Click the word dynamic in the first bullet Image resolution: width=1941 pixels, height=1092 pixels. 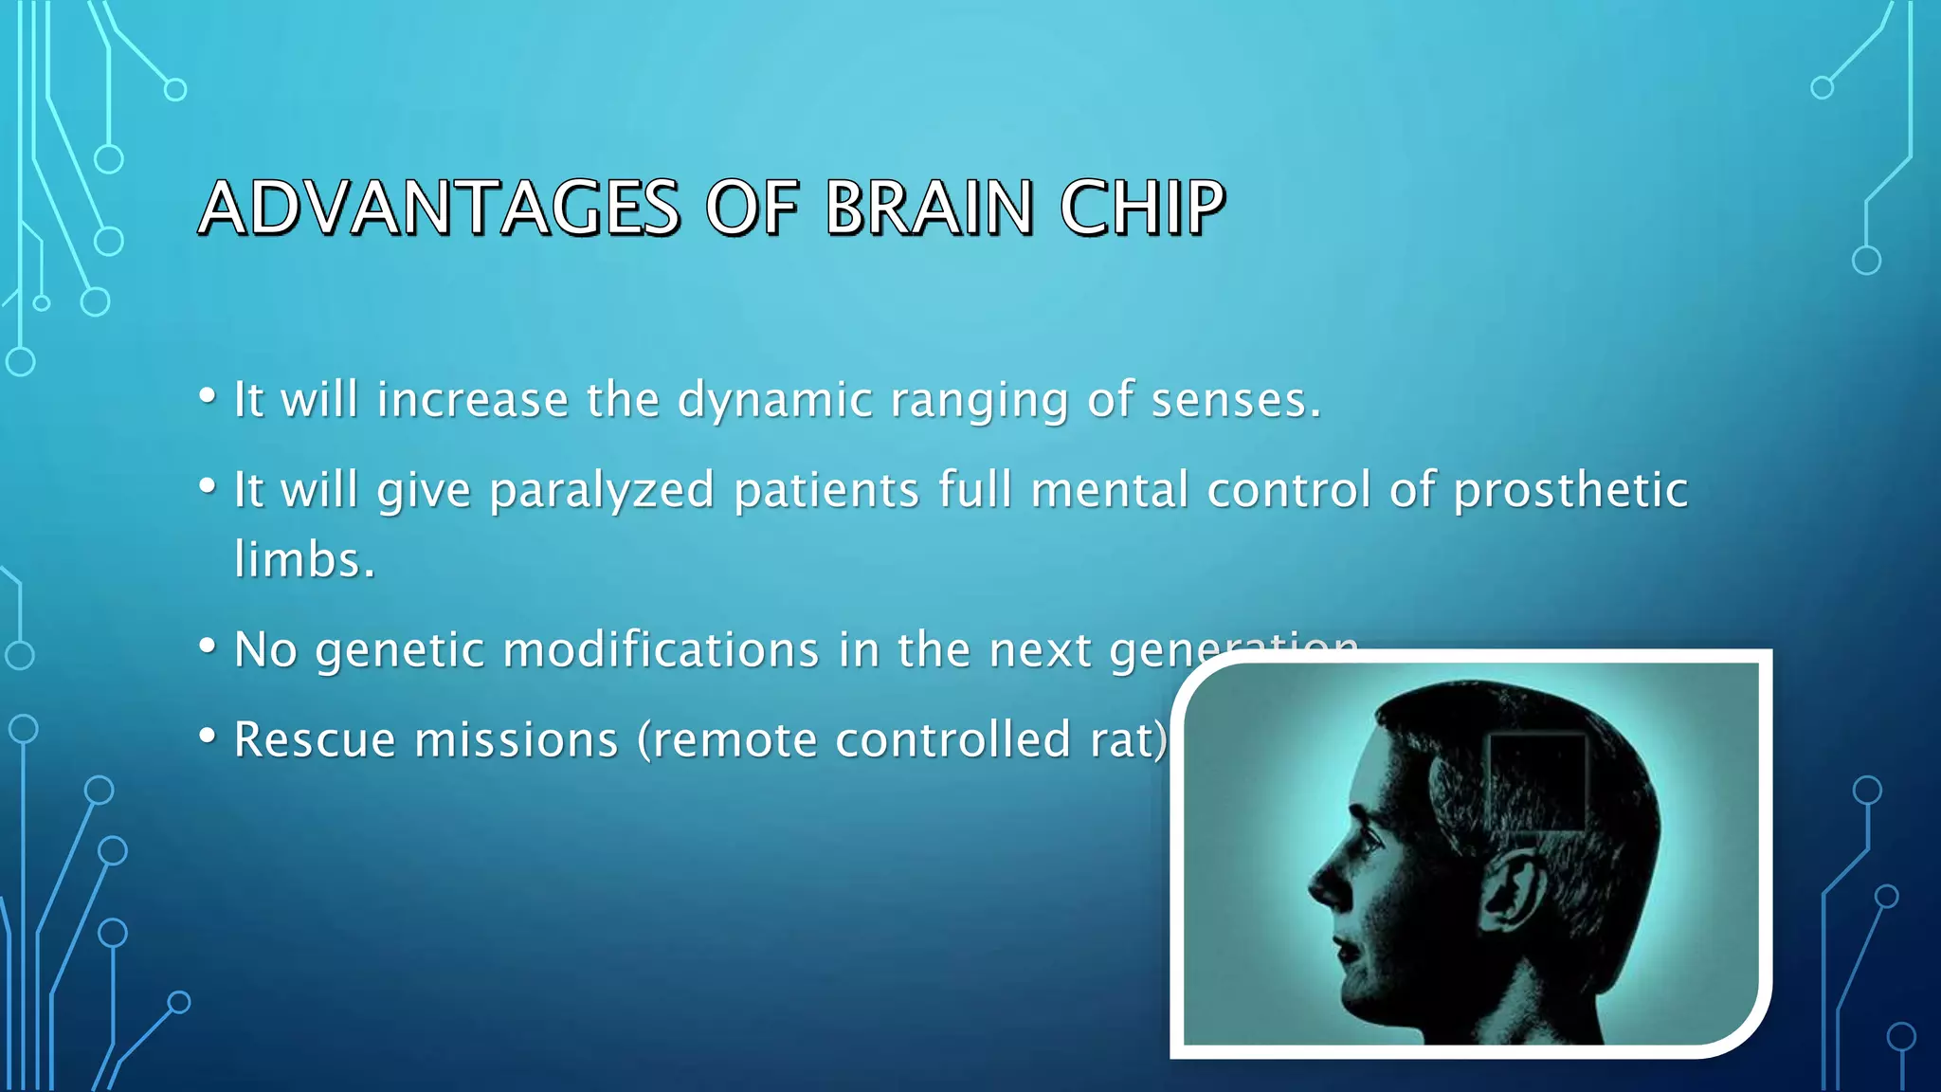pos(774,401)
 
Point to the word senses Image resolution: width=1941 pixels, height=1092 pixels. pos(1235,401)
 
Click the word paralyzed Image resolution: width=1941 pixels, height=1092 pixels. pos(601,492)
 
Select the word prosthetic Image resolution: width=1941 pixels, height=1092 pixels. pos(1570,491)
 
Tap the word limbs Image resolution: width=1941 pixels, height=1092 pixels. pos(303,559)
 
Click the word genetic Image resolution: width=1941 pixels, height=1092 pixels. pos(399,652)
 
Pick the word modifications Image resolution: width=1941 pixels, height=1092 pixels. pos(661,650)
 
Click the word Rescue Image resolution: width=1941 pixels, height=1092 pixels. pos(315,739)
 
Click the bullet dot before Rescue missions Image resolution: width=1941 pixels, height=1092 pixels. pos(208,736)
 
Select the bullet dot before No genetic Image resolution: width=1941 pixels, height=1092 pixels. pos(208,646)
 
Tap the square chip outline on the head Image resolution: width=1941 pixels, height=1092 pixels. pos(1536,782)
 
